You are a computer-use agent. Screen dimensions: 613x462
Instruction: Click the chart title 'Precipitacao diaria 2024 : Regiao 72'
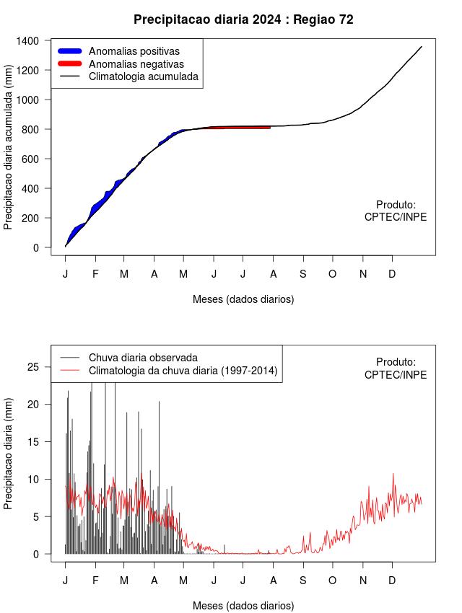[243, 19]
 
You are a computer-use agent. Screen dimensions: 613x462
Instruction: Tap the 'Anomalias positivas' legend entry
[134, 51]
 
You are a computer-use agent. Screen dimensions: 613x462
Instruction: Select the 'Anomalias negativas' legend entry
[136, 64]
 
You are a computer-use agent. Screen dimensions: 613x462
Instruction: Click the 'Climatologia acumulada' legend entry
[143, 76]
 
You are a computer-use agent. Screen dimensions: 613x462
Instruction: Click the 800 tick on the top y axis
[31, 129]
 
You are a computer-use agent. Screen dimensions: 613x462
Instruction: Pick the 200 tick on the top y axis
[31, 218]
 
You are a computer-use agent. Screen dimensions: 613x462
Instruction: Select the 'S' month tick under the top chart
[303, 274]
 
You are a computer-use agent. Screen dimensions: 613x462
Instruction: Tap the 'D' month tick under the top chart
[392, 274]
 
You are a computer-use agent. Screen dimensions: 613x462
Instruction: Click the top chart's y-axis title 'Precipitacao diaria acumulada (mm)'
[8, 151]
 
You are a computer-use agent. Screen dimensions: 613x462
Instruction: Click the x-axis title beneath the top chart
[243, 299]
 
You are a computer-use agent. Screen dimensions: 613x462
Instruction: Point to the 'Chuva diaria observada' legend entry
[143, 358]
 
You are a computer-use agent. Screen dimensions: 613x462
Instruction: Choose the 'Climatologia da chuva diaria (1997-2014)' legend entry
[183, 371]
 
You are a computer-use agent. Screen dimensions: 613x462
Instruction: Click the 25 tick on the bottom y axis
[34, 367]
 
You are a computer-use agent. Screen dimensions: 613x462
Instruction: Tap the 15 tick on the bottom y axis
[34, 442]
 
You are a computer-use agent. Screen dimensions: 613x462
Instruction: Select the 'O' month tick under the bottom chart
[332, 581]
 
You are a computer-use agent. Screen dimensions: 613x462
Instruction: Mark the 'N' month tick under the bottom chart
[363, 581]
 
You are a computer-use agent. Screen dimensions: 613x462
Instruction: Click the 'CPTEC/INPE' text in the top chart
[396, 217]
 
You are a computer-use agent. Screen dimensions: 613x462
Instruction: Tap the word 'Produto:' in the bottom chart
[396, 362]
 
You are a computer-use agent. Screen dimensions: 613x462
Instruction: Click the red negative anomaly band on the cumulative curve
[245, 128]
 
